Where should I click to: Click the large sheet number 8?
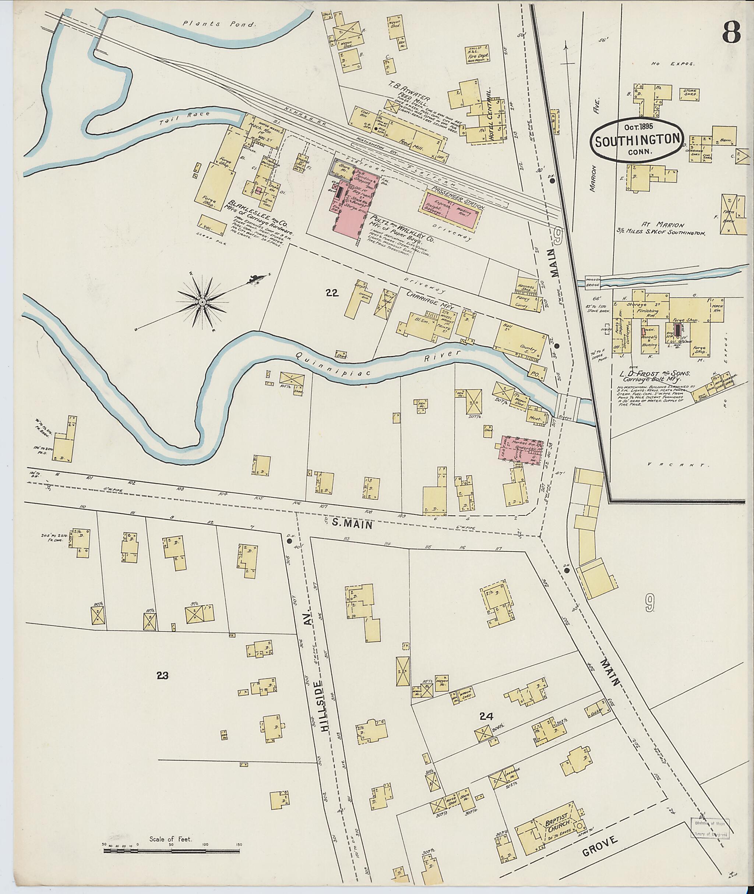point(732,32)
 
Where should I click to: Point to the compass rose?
point(202,302)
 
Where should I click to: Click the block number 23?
point(162,676)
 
